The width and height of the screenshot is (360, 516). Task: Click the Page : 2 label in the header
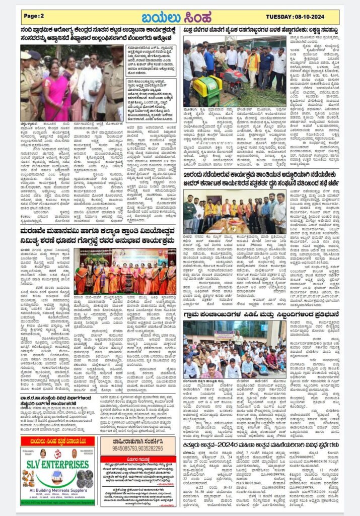[x=34, y=16]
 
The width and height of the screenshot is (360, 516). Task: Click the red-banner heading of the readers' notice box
[x=138, y=460]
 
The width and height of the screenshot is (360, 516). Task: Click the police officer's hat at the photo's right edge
[x=117, y=50]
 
